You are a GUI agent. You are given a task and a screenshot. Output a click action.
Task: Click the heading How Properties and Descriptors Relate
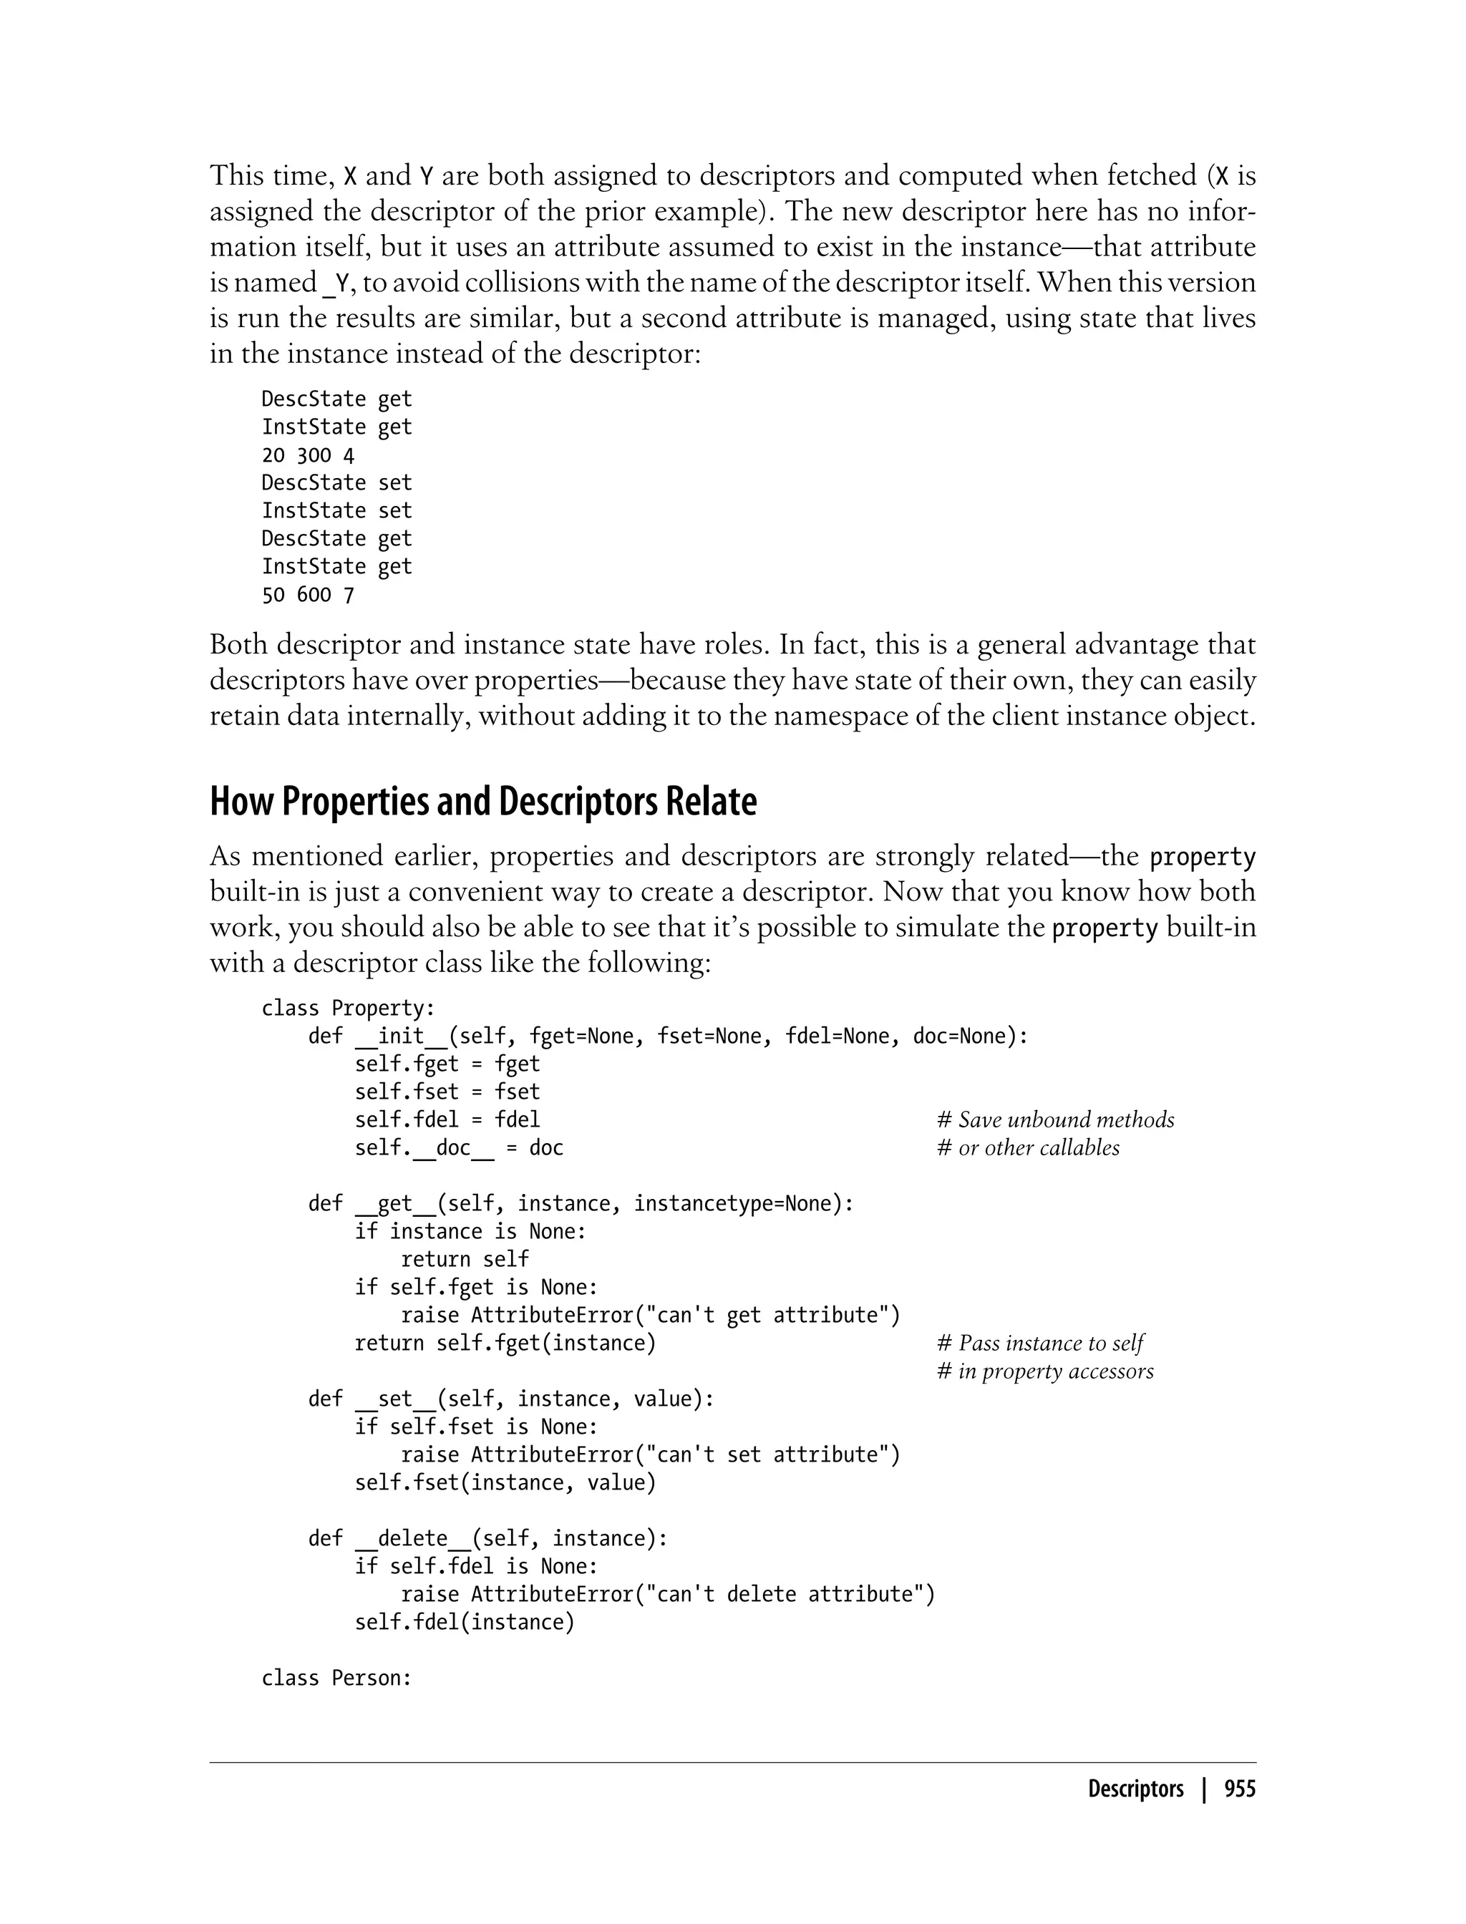click(x=482, y=802)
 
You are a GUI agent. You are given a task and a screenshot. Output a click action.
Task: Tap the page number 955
click(x=1239, y=1789)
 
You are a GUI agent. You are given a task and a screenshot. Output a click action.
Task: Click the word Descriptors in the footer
click(x=1135, y=1789)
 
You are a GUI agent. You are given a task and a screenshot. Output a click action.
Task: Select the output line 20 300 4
click(x=307, y=455)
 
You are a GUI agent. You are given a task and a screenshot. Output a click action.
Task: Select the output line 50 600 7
click(x=307, y=595)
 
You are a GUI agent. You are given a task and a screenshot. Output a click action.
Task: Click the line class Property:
click(x=348, y=1009)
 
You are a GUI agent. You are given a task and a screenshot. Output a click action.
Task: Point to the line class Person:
click(x=336, y=1678)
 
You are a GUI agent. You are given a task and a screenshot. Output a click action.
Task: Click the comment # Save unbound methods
click(x=1055, y=1119)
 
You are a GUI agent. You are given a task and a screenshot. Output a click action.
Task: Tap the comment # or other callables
click(x=1028, y=1147)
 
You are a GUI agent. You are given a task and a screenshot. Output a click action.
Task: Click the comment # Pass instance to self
click(x=1039, y=1343)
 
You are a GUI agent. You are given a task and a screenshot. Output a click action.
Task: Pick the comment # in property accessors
click(x=1044, y=1371)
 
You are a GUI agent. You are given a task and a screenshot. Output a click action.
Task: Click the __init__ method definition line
click(x=668, y=1036)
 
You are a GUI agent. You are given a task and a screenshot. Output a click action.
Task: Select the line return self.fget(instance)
click(x=505, y=1343)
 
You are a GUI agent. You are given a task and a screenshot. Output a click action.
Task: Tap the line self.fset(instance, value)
click(x=505, y=1482)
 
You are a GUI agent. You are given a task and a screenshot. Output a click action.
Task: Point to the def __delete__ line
click(x=487, y=1538)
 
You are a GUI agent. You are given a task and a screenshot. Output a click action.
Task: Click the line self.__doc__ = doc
click(x=458, y=1148)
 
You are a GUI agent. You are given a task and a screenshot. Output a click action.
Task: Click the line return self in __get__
click(x=465, y=1259)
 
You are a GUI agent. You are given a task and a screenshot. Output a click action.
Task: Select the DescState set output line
click(x=336, y=482)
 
